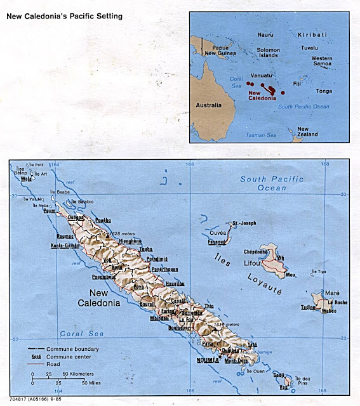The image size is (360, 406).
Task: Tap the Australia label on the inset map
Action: (x=208, y=105)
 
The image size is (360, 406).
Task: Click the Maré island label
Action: (x=324, y=294)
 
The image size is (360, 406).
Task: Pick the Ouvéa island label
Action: (x=218, y=233)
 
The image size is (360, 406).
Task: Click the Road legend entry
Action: (x=59, y=364)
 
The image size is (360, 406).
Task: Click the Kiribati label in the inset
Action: (x=312, y=35)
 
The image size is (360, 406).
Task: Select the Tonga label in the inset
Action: (x=324, y=91)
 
